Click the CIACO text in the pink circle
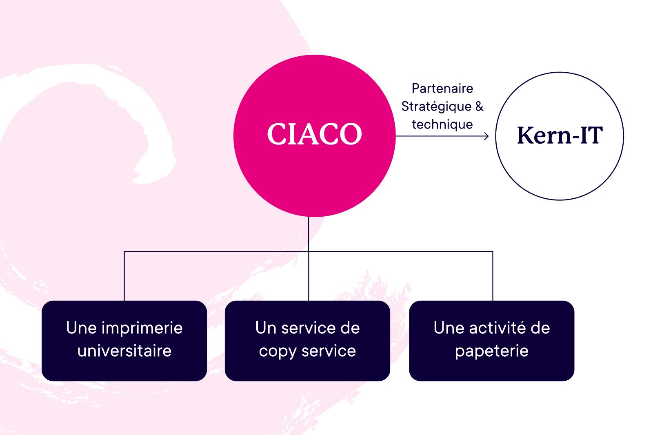coord(314,134)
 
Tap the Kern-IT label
coord(560,135)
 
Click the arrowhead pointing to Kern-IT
coord(486,136)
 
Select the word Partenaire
coord(442,89)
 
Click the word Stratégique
coord(436,107)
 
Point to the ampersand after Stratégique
coord(479,107)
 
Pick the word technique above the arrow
coord(442,124)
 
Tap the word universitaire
coord(124,351)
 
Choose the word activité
coord(498,328)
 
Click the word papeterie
coord(492,351)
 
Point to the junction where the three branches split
coord(309,251)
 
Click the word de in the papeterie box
coord(540,328)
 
